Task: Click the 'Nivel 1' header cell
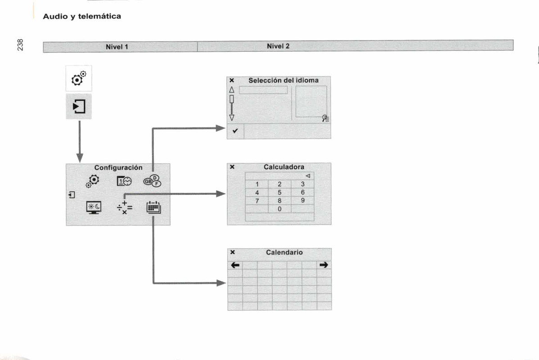tap(117, 46)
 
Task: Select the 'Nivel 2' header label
tap(278, 46)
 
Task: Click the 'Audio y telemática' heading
tap(82, 16)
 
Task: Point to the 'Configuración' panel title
tap(118, 167)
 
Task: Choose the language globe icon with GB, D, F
tap(152, 181)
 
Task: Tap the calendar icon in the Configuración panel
tap(153, 208)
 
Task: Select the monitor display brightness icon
tap(94, 207)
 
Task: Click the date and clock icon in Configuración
tap(124, 181)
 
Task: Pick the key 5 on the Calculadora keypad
tap(279, 192)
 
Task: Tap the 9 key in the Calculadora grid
tap(303, 200)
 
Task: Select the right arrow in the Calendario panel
tap(323, 265)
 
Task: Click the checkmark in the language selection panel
tap(235, 131)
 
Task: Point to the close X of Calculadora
tap(232, 166)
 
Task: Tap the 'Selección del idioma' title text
tap(283, 80)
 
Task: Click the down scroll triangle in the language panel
tap(232, 117)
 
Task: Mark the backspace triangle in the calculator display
tap(308, 175)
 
